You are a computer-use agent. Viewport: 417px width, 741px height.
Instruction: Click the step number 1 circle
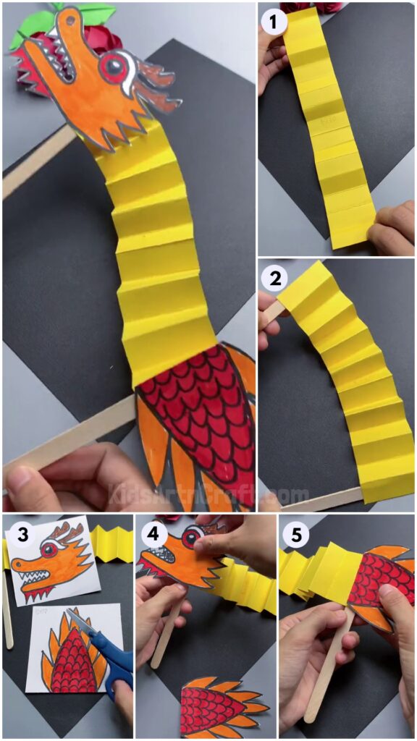click(273, 23)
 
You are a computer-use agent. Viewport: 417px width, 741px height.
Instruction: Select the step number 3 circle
click(24, 535)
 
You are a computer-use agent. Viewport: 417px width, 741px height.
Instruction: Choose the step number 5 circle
click(298, 535)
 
